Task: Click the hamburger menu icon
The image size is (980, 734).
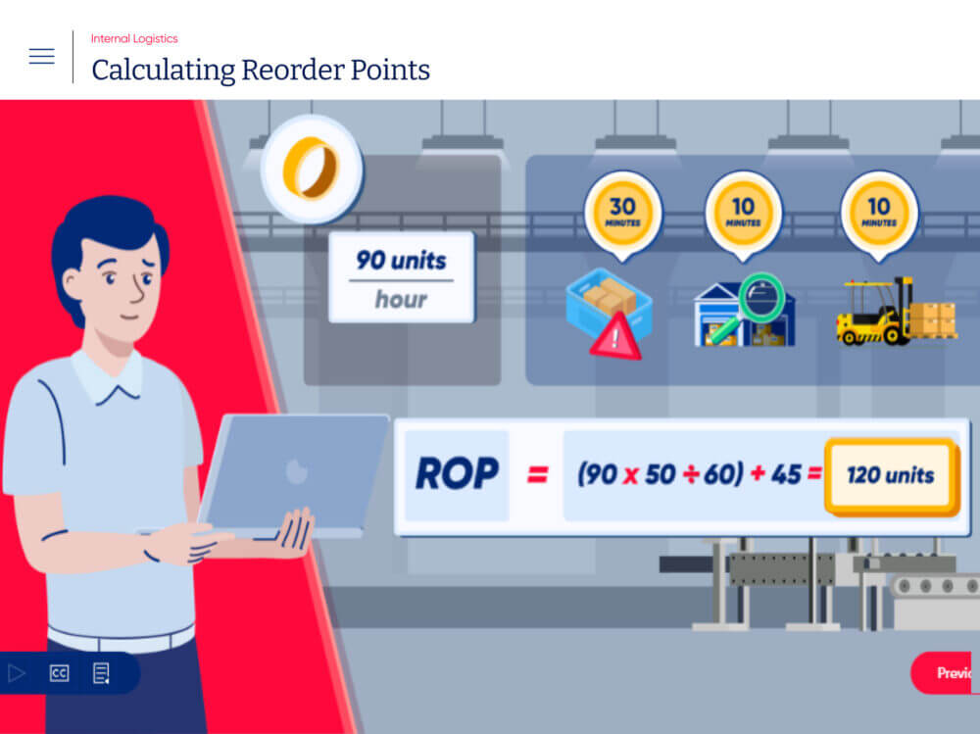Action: click(x=42, y=56)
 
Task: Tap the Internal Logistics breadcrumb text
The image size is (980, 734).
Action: click(x=134, y=39)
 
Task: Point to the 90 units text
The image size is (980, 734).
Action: click(x=401, y=260)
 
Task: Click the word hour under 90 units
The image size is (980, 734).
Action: click(x=401, y=300)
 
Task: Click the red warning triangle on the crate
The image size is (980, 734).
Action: click(x=615, y=337)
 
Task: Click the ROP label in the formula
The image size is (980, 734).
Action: click(x=457, y=474)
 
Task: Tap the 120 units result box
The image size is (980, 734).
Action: click(x=891, y=476)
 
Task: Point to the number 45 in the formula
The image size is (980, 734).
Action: click(x=786, y=474)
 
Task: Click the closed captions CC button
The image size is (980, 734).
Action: click(x=60, y=672)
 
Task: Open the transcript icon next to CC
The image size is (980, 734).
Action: click(x=101, y=673)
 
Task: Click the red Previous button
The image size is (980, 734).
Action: click(x=945, y=672)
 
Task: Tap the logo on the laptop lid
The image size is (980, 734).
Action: click(x=296, y=470)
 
